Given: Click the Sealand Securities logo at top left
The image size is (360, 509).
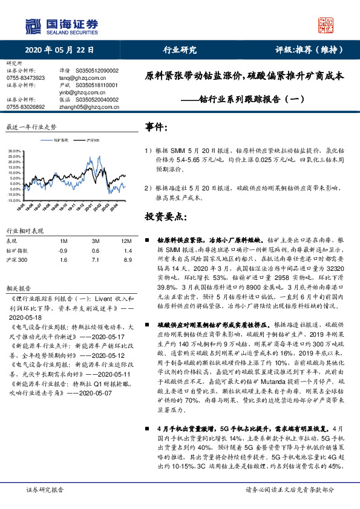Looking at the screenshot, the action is click(61, 25).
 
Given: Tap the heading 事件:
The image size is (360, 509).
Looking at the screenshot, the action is click(157, 128).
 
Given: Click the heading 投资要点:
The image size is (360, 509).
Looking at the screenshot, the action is click(166, 216).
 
